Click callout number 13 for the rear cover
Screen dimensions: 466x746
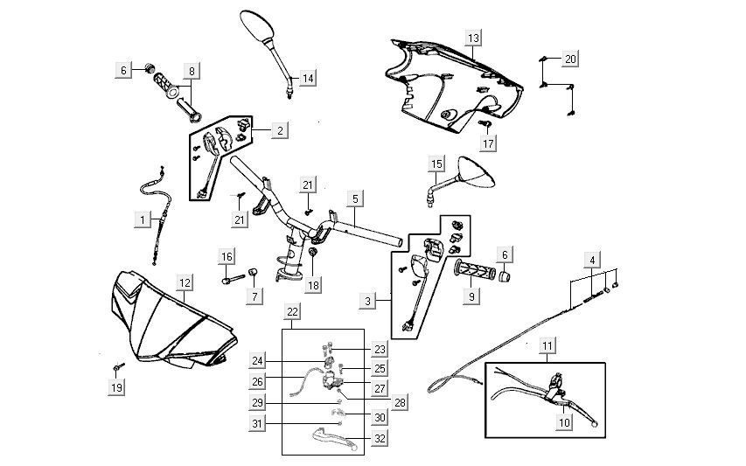pyautogui.click(x=473, y=38)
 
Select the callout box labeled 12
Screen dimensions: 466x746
pyautogui.click(x=185, y=282)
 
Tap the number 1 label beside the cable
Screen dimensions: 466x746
pyautogui.click(x=143, y=220)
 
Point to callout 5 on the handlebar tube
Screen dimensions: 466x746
pyautogui.click(x=354, y=198)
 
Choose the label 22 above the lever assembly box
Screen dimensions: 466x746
pyautogui.click(x=292, y=312)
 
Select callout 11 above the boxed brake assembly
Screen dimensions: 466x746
pyautogui.click(x=546, y=347)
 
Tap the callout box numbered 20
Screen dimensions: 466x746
pyautogui.click(x=570, y=59)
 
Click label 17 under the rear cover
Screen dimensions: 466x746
pyautogui.click(x=488, y=143)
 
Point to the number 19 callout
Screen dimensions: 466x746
pyautogui.click(x=116, y=386)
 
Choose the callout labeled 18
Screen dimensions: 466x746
pyautogui.click(x=313, y=284)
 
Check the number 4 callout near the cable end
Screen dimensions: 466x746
pyautogui.click(x=594, y=260)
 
